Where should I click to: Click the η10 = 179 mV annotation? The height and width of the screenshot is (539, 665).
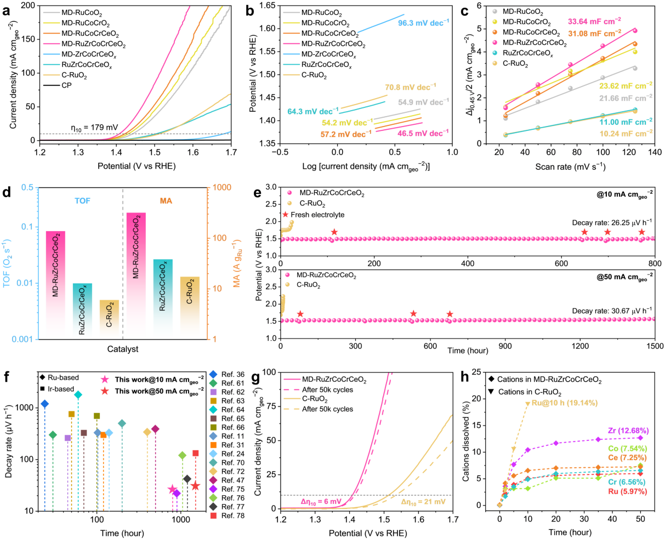click(93, 128)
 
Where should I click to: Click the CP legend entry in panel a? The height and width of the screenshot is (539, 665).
click(66, 85)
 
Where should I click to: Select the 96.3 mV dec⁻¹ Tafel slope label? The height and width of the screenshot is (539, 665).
click(423, 24)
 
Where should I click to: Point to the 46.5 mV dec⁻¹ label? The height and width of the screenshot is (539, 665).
click(423, 133)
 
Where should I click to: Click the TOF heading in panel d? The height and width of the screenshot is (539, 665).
click(83, 200)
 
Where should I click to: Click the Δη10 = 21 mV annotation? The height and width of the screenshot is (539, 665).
click(423, 502)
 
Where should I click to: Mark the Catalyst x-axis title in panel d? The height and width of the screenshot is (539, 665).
click(123, 349)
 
